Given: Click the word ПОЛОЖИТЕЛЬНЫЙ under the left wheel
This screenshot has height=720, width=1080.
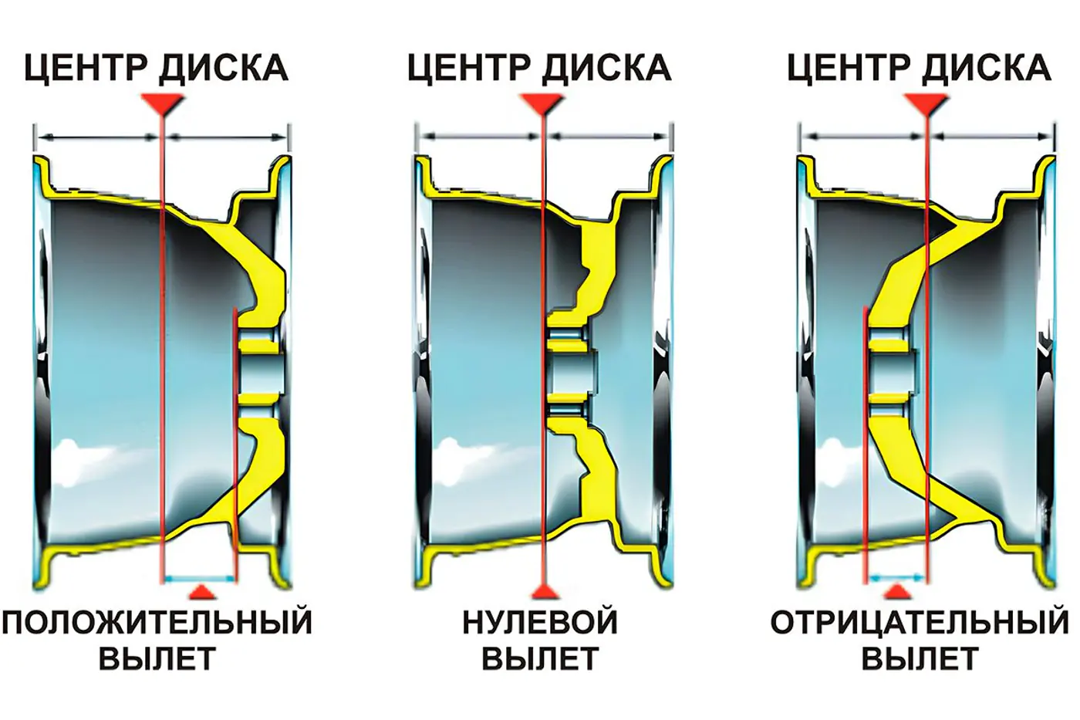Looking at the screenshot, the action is click(x=157, y=622).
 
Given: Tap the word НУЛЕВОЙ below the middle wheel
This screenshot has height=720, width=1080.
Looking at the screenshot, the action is click(x=540, y=622).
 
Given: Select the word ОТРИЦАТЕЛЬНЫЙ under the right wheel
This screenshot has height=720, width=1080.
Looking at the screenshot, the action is click(x=920, y=622).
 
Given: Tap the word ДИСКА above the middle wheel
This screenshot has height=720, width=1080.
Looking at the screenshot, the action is click(x=606, y=68).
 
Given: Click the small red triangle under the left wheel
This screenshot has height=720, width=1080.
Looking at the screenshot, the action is click(x=202, y=592).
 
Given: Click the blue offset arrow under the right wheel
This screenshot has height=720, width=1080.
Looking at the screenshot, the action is click(x=896, y=576).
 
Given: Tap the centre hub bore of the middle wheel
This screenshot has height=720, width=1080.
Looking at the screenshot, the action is click(x=572, y=373).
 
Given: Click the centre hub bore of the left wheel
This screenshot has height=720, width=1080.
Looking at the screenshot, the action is click(x=259, y=373).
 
